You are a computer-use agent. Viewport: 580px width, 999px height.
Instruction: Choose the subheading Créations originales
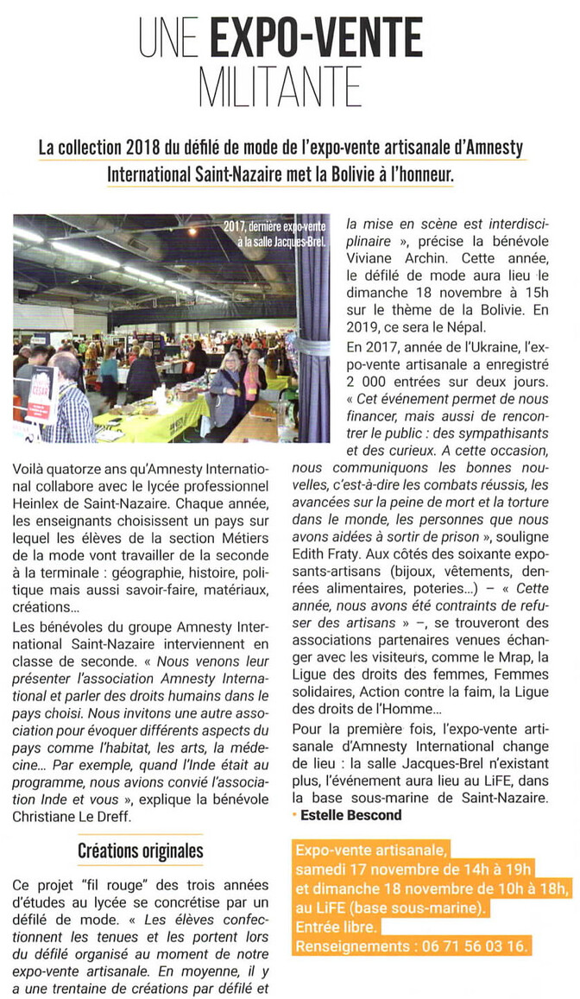coord(141,850)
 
